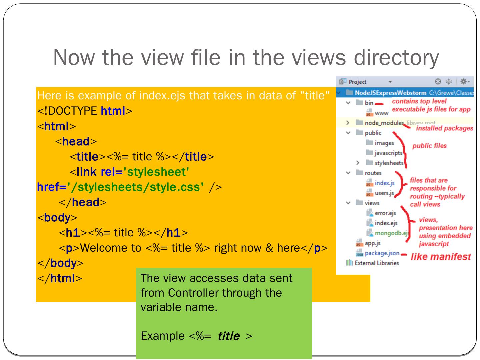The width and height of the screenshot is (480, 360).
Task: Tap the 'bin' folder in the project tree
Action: click(x=369, y=103)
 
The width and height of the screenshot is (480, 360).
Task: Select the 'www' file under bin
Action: click(x=381, y=113)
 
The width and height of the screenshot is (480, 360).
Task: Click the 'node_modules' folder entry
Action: click(x=384, y=123)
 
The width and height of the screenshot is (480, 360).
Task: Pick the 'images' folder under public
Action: click(x=384, y=143)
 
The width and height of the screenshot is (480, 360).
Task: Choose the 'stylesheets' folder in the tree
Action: click(x=389, y=163)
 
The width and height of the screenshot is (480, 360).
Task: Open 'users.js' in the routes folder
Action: click(x=384, y=193)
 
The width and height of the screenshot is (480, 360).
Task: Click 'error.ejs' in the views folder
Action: click(x=385, y=213)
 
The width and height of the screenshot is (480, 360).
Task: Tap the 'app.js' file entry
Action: click(x=372, y=243)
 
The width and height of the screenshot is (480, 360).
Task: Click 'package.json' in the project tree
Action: click(x=382, y=253)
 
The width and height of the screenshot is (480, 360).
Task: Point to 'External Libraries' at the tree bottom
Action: click(x=377, y=263)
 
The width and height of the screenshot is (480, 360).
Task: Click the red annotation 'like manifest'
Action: click(x=440, y=257)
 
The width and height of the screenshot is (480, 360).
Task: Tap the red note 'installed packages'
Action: click(x=444, y=128)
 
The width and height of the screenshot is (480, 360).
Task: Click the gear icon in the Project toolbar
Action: click(x=463, y=82)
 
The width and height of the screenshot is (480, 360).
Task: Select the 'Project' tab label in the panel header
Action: click(x=357, y=82)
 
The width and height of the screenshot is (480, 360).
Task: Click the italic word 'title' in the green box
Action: click(x=228, y=336)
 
